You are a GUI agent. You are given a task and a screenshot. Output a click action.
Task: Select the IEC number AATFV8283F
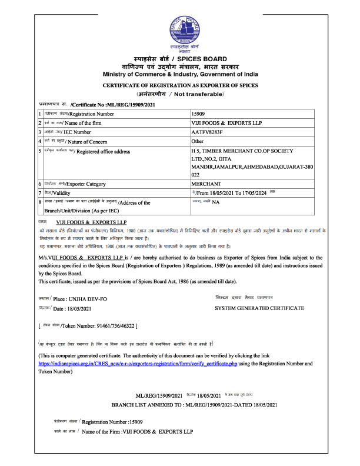(x=209, y=132)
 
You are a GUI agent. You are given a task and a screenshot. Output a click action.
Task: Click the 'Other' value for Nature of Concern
(x=198, y=141)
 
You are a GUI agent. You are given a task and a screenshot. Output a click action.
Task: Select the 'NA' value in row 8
(x=215, y=202)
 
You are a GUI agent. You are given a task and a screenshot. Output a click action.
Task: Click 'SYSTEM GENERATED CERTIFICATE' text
(x=259, y=308)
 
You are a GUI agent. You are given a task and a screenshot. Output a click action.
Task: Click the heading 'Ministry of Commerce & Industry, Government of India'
(x=179, y=74)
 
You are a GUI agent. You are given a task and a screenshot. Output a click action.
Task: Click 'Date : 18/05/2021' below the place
(x=72, y=308)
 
